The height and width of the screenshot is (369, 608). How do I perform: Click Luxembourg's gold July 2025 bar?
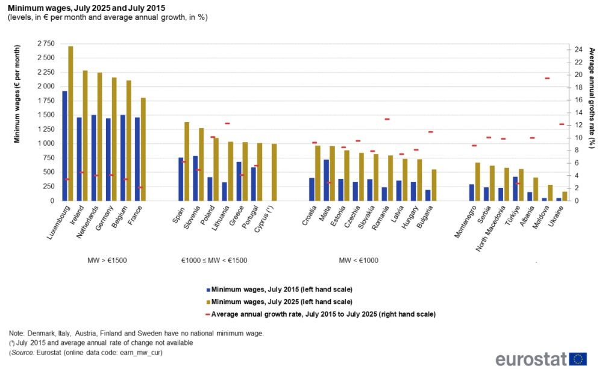[71, 123]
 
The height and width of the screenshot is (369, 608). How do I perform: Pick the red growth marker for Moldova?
[547, 78]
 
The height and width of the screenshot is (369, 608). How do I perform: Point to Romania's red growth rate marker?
[387, 119]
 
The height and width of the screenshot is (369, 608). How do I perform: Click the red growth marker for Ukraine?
[562, 125]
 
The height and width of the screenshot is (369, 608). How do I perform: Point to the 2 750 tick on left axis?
[43, 44]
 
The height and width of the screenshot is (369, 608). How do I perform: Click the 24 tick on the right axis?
[577, 49]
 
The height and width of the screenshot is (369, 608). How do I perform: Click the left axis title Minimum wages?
[17, 93]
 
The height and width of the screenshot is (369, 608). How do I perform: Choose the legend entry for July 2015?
[278, 289]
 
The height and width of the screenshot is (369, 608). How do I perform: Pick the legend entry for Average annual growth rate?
[319, 314]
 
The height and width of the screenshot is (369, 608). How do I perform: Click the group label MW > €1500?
[107, 261]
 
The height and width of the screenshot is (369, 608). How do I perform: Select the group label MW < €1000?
[359, 261]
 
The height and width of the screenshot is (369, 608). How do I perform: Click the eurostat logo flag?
[578, 359]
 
